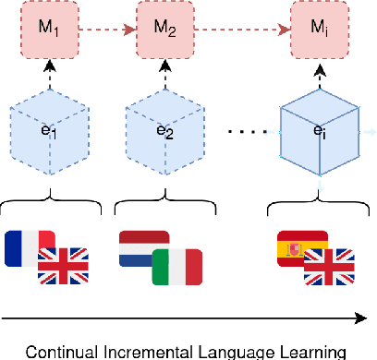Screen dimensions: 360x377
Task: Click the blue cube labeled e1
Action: click(x=39, y=131)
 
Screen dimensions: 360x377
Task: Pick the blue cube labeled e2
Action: click(x=164, y=131)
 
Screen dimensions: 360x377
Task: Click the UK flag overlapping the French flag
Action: click(x=63, y=266)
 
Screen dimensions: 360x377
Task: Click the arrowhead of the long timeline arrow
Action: click(x=361, y=319)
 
